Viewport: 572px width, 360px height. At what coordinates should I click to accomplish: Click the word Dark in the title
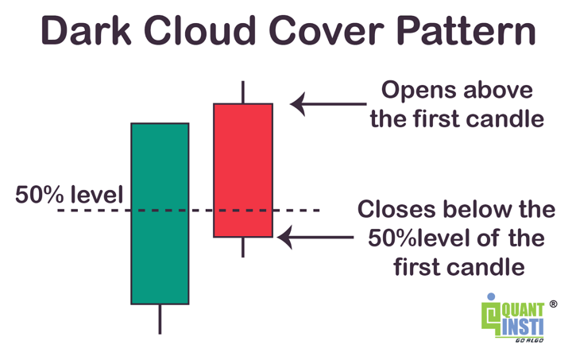[x=86, y=30]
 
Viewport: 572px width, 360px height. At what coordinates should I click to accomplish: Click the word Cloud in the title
[x=200, y=30]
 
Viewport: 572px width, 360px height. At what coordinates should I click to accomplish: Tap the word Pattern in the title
[x=466, y=30]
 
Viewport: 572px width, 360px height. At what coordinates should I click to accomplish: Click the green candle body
[x=160, y=214]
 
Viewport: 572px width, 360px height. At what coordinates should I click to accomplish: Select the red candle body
[x=243, y=170]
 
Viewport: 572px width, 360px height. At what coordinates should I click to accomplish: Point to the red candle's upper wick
[x=243, y=92]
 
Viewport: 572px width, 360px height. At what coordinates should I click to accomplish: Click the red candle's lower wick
[x=243, y=247]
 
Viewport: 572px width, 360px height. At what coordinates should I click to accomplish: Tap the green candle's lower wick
[x=160, y=319]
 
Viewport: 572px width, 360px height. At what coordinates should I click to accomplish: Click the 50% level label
[x=69, y=195]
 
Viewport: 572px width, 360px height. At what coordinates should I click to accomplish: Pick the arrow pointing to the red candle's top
[x=328, y=104]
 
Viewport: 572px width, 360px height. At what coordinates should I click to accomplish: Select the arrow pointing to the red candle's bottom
[x=315, y=237]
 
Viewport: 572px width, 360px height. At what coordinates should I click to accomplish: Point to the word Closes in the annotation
[x=396, y=209]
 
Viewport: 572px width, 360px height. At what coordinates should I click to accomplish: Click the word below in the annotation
[x=479, y=209]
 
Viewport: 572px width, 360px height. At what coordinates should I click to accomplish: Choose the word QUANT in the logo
[x=523, y=310]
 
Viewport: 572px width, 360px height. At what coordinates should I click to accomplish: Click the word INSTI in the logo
[x=523, y=327]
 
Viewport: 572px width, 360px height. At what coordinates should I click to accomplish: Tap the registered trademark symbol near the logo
[x=553, y=304]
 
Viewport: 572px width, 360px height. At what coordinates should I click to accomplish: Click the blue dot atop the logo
[x=491, y=296]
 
